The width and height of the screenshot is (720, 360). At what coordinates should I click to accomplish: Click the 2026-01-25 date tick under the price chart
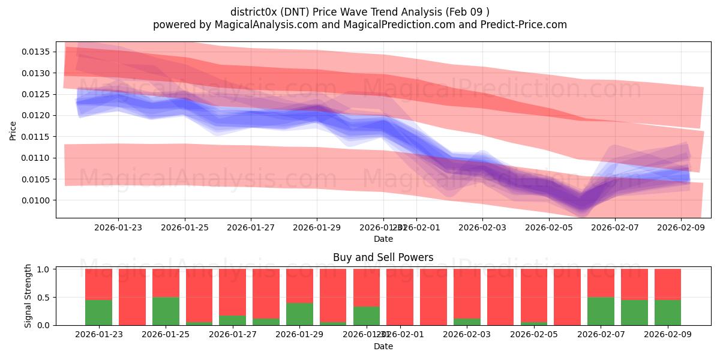(x=184, y=227)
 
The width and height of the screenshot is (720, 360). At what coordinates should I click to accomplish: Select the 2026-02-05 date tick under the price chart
(x=548, y=227)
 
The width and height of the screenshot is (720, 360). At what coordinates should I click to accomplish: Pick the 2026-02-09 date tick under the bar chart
(x=680, y=335)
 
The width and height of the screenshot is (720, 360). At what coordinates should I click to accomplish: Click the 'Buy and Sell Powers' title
(x=383, y=257)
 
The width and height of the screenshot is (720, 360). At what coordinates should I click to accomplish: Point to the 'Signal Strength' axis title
(x=28, y=296)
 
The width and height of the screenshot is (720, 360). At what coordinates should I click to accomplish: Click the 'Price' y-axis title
(x=13, y=130)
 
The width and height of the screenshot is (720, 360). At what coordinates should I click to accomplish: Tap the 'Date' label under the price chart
(x=383, y=239)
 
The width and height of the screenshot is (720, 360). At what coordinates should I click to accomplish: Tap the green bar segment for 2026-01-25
(x=166, y=311)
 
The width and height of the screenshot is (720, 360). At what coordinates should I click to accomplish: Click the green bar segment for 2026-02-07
(x=601, y=311)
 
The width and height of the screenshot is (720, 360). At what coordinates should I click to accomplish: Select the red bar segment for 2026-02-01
(x=433, y=296)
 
